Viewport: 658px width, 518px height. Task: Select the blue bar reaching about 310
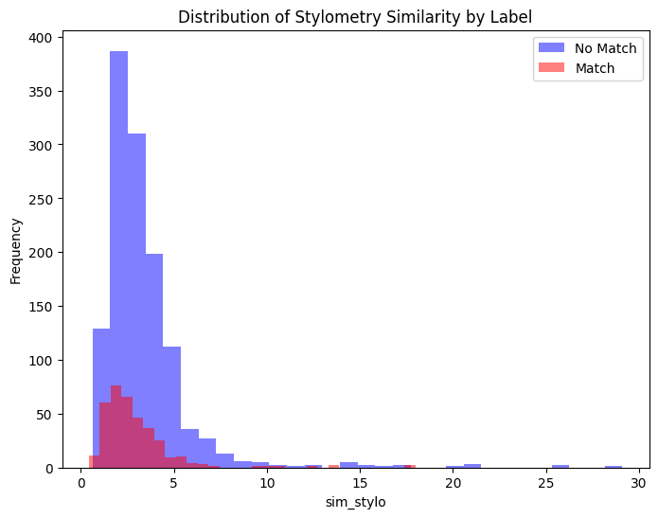(136, 284)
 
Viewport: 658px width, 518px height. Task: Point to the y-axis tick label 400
(44, 38)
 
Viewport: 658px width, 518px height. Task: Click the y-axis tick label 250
(44, 199)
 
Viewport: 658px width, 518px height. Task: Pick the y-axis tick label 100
(44, 361)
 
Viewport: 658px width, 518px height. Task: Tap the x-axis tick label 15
(361, 483)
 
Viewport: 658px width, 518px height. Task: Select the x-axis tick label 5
(174, 483)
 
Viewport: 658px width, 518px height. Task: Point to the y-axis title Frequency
(16, 251)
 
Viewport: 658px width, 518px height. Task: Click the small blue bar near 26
(560, 466)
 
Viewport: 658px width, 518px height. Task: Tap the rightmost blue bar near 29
(614, 467)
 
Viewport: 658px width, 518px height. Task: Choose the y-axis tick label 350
(44, 92)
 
